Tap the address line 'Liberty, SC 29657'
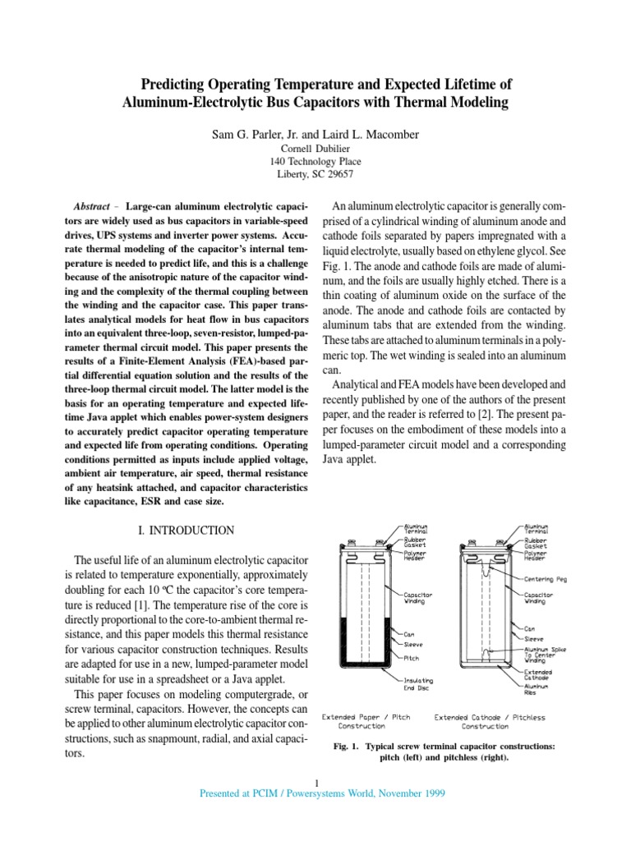(x=315, y=174)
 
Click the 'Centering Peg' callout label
(x=547, y=578)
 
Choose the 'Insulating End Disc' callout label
(x=418, y=685)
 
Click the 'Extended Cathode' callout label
(x=540, y=674)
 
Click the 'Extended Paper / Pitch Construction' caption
(x=366, y=722)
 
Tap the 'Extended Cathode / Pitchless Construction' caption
(x=490, y=722)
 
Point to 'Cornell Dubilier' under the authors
(x=315, y=149)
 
